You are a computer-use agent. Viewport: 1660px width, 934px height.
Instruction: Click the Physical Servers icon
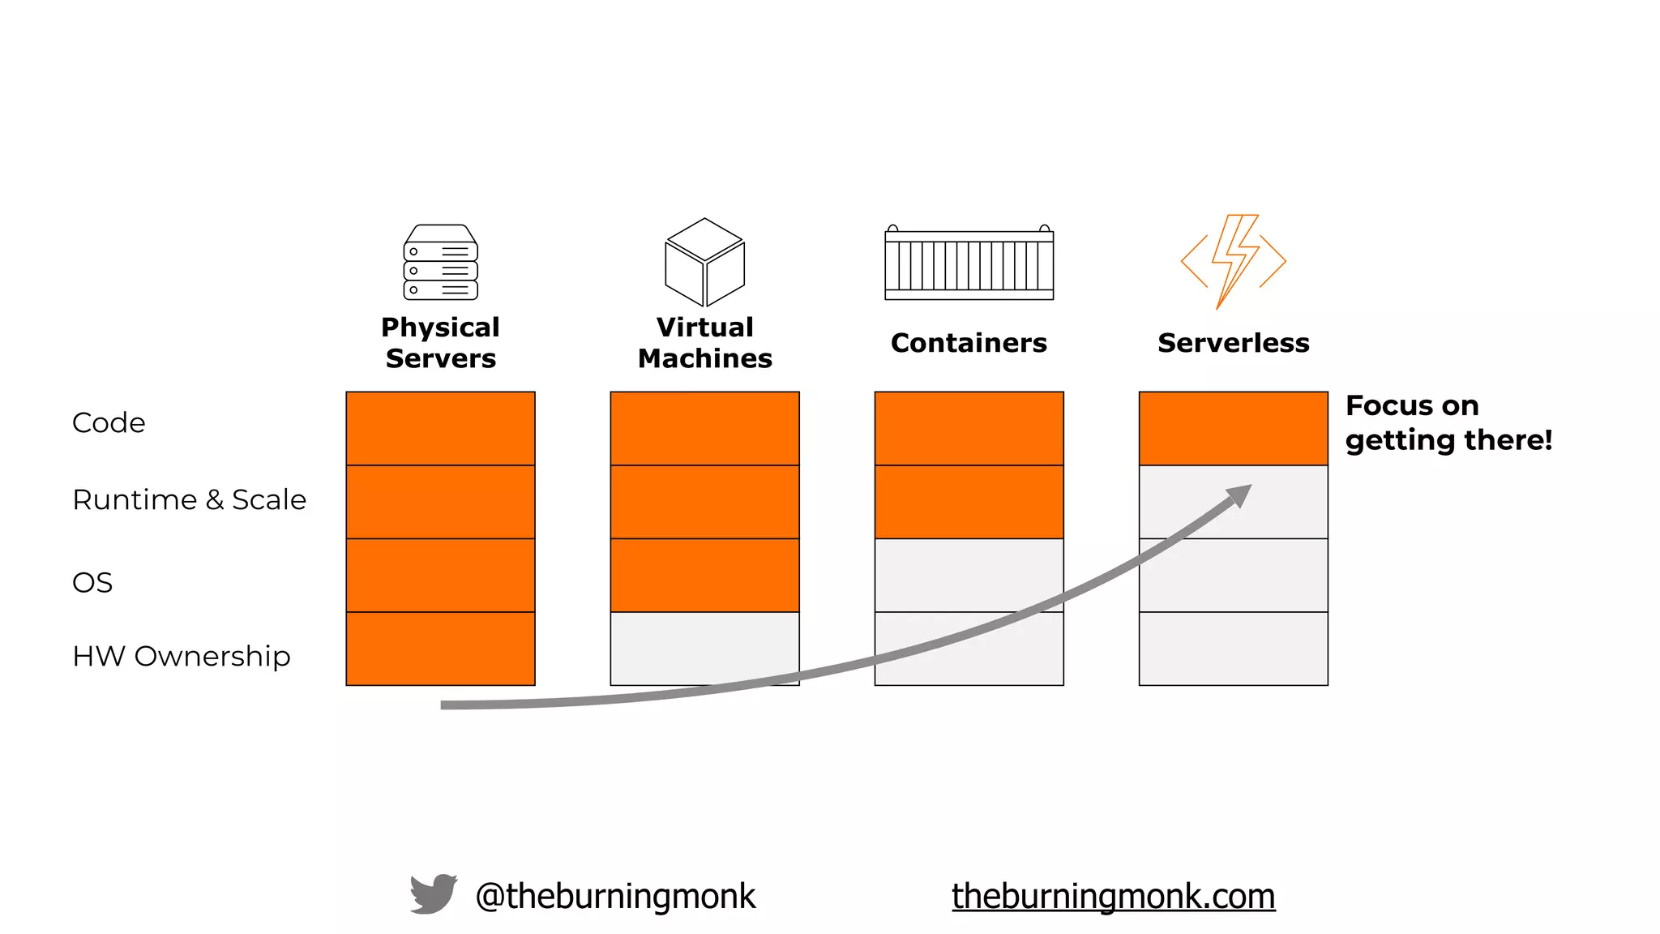[440, 263]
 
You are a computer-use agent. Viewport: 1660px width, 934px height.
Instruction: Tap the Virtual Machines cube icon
[704, 263]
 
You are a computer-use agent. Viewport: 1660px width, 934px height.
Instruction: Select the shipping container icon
[969, 263]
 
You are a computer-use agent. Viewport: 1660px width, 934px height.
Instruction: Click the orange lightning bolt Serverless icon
[1233, 261]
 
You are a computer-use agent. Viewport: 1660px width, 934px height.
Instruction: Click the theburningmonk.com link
[1113, 896]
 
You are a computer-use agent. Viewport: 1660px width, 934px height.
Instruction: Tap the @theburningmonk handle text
[615, 896]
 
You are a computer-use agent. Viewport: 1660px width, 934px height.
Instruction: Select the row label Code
[109, 422]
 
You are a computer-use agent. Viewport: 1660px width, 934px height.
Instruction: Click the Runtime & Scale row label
[189, 499]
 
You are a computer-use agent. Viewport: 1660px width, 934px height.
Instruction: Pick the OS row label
[92, 582]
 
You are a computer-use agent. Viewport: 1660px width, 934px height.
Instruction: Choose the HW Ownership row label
[181, 656]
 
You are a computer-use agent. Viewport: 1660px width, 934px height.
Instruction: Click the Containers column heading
[969, 343]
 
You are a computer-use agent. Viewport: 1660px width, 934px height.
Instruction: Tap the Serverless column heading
[1233, 343]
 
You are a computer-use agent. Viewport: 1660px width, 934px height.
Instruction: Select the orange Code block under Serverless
[1233, 428]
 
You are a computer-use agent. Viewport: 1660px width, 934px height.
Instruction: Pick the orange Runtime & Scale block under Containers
[969, 502]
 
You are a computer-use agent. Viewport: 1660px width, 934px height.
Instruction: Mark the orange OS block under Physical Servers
[440, 575]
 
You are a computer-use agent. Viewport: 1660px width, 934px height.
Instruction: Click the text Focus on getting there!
[1448, 422]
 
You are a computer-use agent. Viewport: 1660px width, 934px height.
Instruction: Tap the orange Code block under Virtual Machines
[704, 428]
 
